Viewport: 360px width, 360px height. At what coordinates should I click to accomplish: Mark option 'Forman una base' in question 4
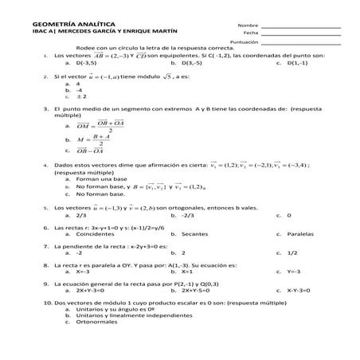tap(100, 179)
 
